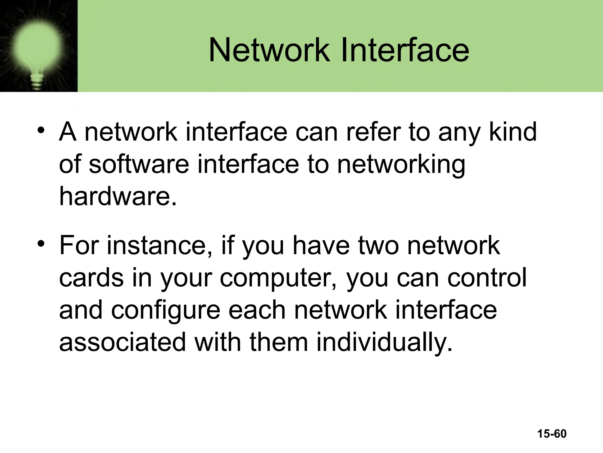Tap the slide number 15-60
click(x=552, y=434)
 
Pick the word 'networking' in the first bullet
click(x=401, y=165)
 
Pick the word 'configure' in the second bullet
click(x=165, y=311)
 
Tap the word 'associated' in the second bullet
click(x=122, y=342)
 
